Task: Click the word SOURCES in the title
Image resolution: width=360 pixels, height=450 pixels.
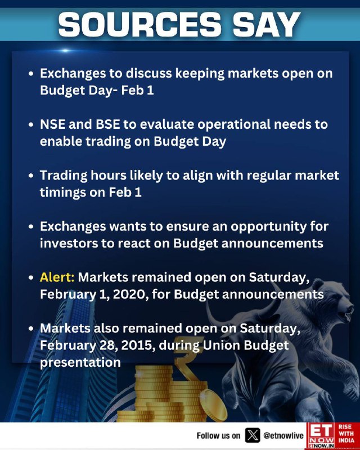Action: coord(139,24)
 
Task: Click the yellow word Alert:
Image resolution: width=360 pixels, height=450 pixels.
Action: coord(57,277)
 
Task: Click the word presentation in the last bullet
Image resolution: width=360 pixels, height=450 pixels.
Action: coord(80,362)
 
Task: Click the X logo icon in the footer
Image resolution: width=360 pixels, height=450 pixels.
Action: coord(253,435)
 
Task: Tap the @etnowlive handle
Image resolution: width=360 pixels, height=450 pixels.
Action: coord(283,435)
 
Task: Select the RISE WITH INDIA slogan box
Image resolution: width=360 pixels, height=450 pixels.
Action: coord(347,435)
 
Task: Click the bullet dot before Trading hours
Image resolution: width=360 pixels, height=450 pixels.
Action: coord(31,175)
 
